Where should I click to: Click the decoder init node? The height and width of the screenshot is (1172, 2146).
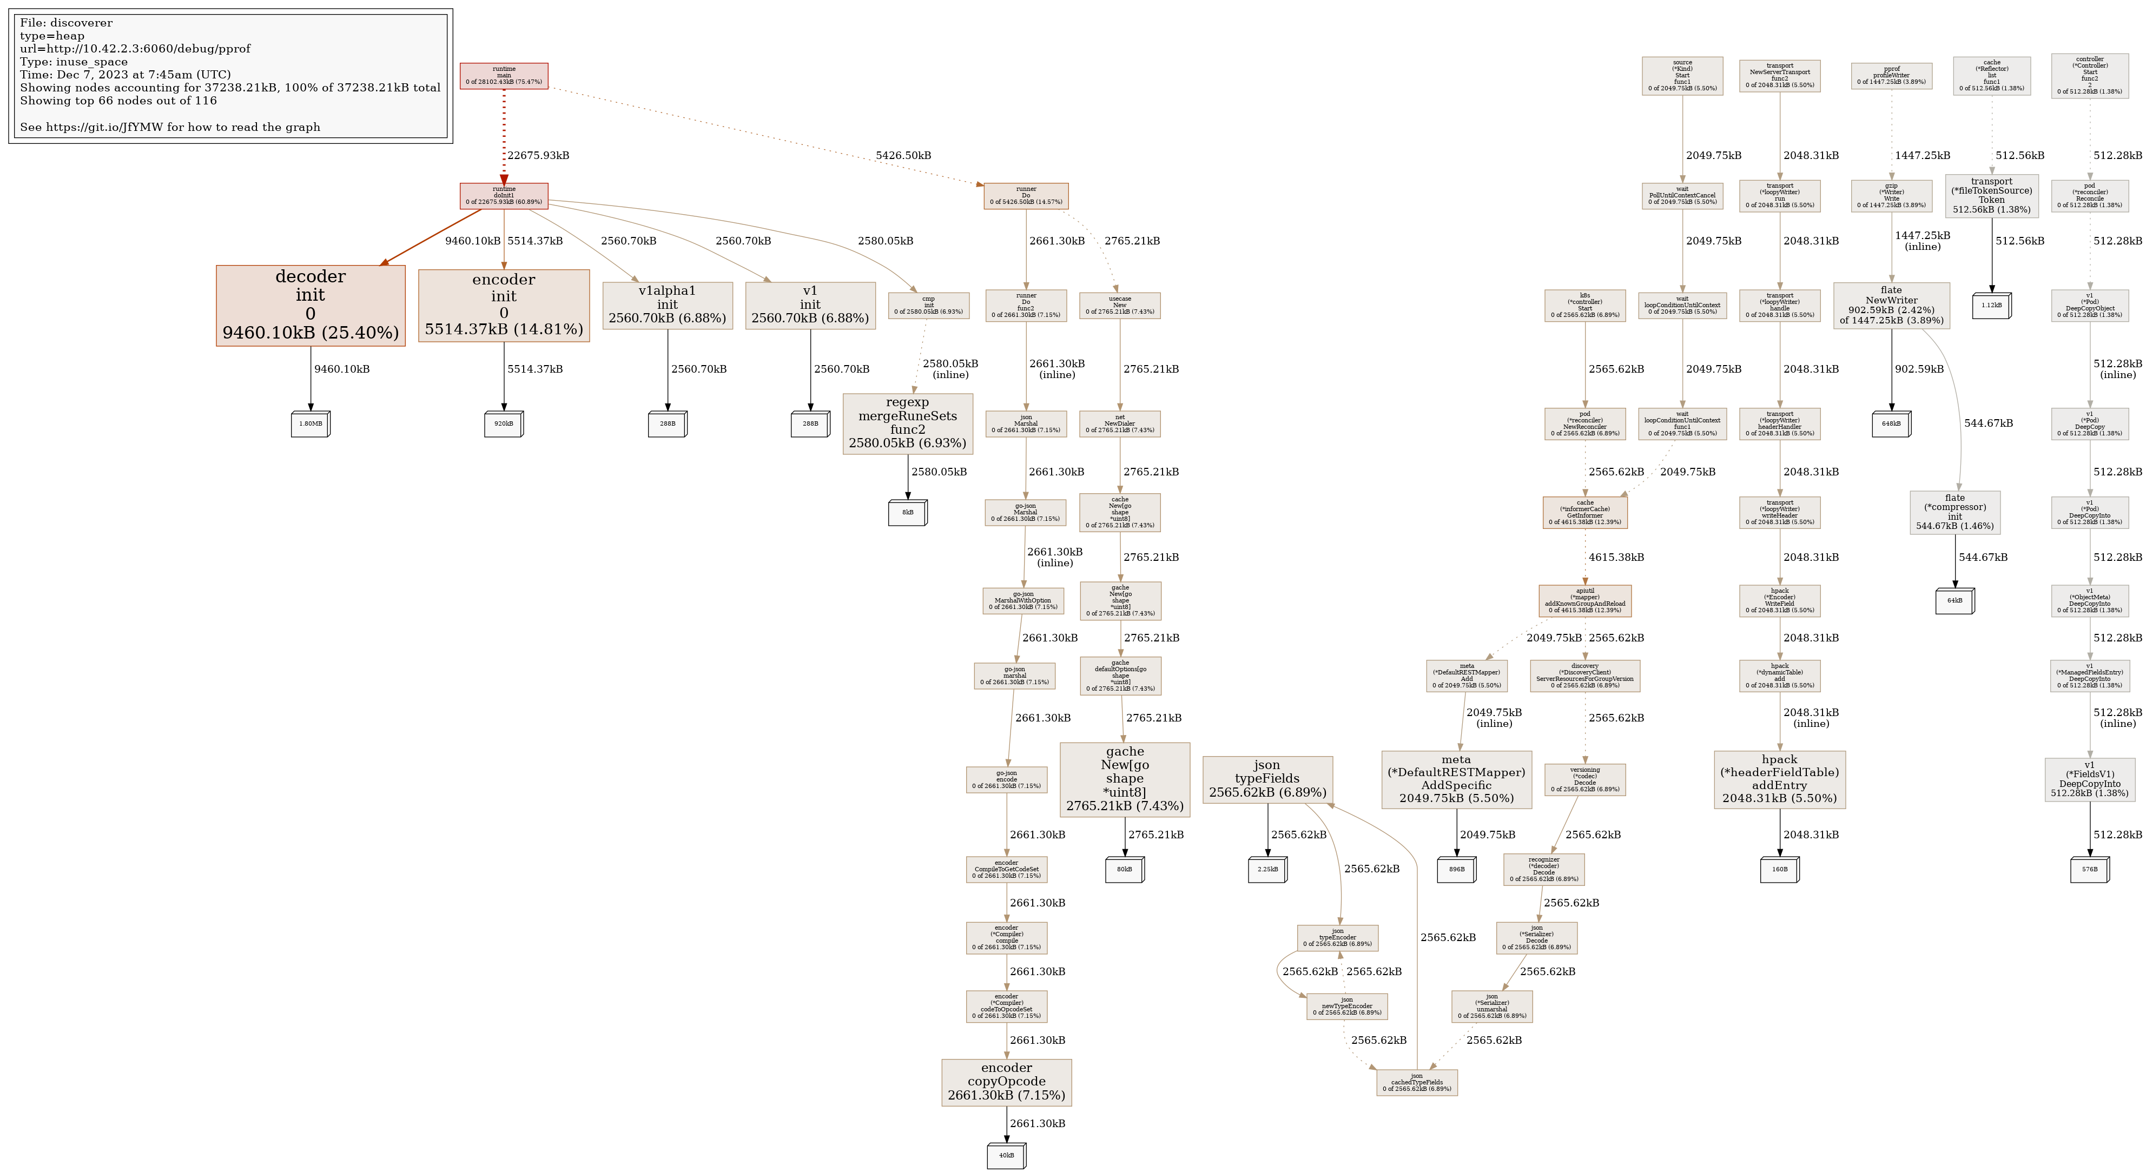[x=310, y=305]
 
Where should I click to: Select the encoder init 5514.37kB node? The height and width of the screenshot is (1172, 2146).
[x=503, y=305]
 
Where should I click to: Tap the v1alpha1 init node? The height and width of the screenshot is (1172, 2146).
[x=668, y=305]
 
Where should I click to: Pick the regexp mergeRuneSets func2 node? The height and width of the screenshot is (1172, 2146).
[x=907, y=423]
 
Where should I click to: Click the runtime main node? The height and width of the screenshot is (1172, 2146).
[x=504, y=76]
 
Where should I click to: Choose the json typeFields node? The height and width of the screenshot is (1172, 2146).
[x=1267, y=779]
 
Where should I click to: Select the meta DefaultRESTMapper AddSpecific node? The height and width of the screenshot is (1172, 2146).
[x=1456, y=779]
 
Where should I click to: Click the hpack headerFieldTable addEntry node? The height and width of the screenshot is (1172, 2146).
[x=1779, y=779]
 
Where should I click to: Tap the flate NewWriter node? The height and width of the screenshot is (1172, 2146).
[x=1891, y=306]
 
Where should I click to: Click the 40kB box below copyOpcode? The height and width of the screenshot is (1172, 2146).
[x=1006, y=1155]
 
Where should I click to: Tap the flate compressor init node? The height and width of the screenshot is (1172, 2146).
[x=1954, y=512]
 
